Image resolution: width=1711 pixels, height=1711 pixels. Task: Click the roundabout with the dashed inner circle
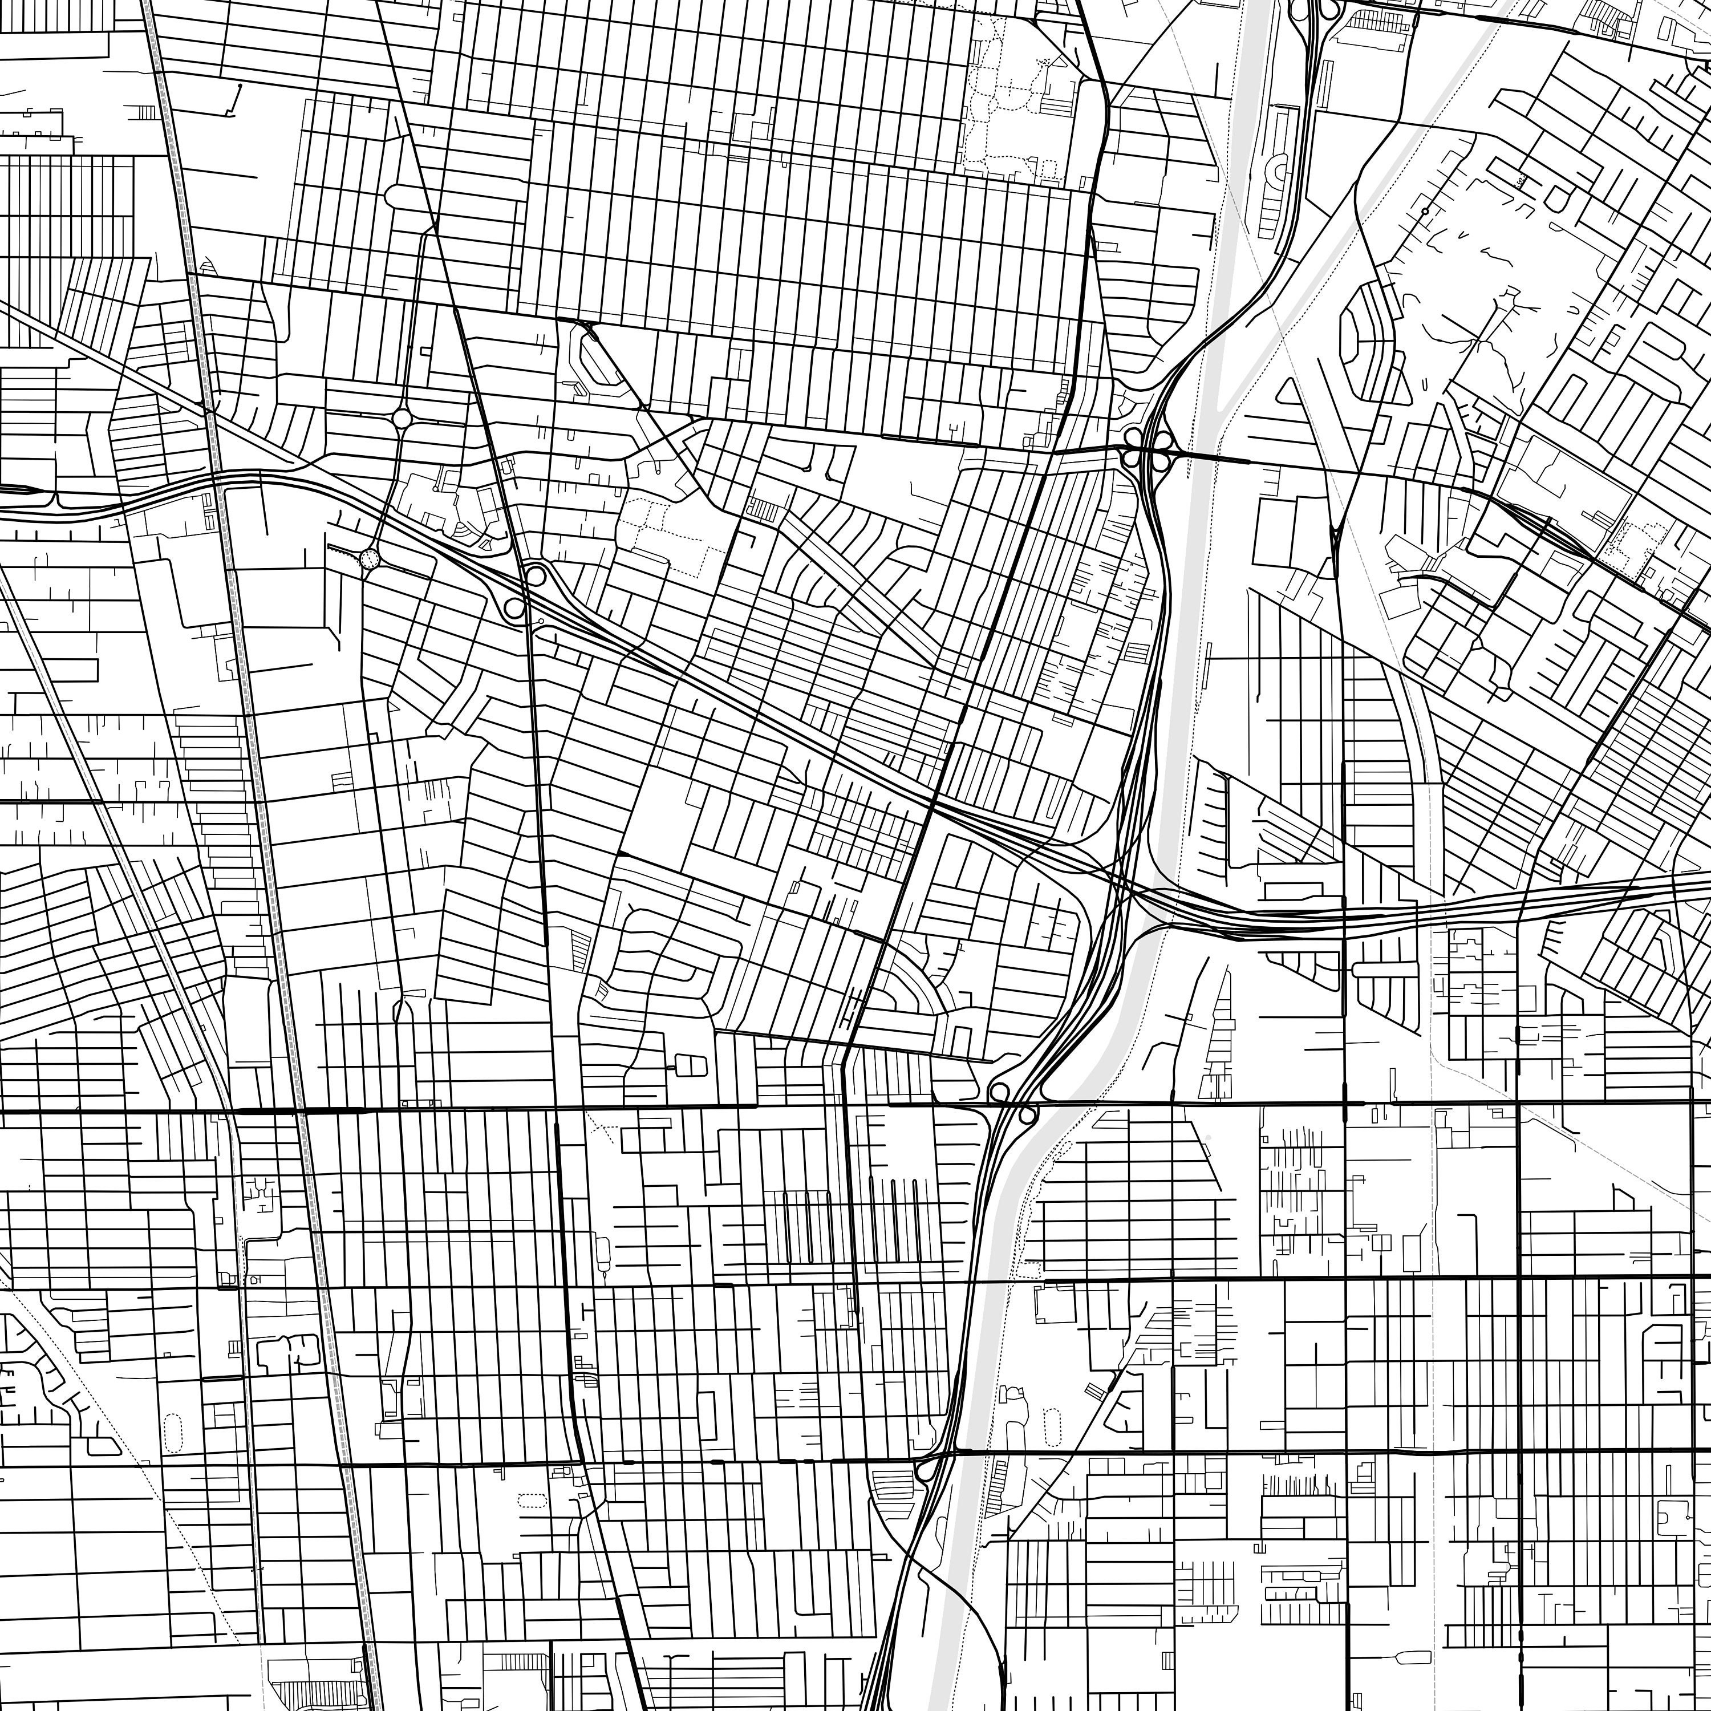(370, 558)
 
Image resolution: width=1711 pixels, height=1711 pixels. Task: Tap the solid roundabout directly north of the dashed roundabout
(401, 417)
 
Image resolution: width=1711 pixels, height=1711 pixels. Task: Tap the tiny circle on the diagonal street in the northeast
(1424, 212)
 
